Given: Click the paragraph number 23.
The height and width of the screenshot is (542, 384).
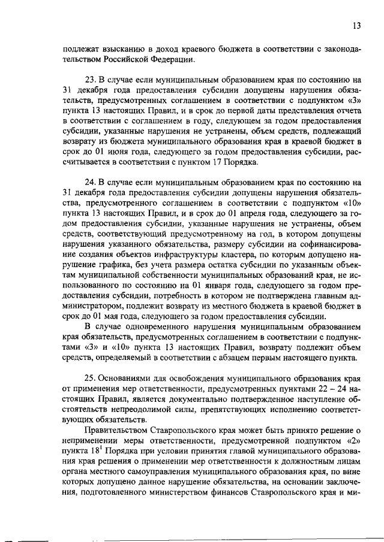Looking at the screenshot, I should coord(92,78).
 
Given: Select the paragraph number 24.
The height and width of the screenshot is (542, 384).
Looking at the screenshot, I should coord(92,182).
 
